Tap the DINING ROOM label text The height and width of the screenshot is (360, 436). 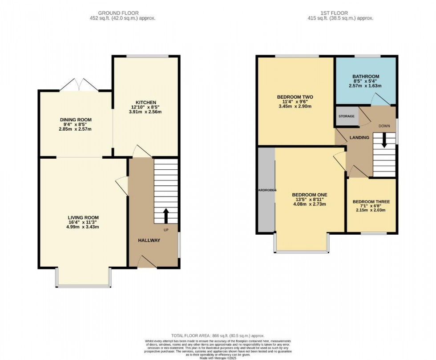coord(76,120)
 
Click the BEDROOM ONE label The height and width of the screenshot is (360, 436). coord(310,195)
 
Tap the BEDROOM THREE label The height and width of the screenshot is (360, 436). coord(371,202)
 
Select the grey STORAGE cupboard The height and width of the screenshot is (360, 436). coord(347,116)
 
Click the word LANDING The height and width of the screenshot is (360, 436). coord(359,138)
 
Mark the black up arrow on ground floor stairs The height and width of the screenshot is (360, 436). coord(166,216)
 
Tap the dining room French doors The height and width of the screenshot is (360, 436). coord(79,85)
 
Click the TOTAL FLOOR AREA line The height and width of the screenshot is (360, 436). coord(218,335)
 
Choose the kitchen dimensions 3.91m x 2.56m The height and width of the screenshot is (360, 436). coord(145,112)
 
